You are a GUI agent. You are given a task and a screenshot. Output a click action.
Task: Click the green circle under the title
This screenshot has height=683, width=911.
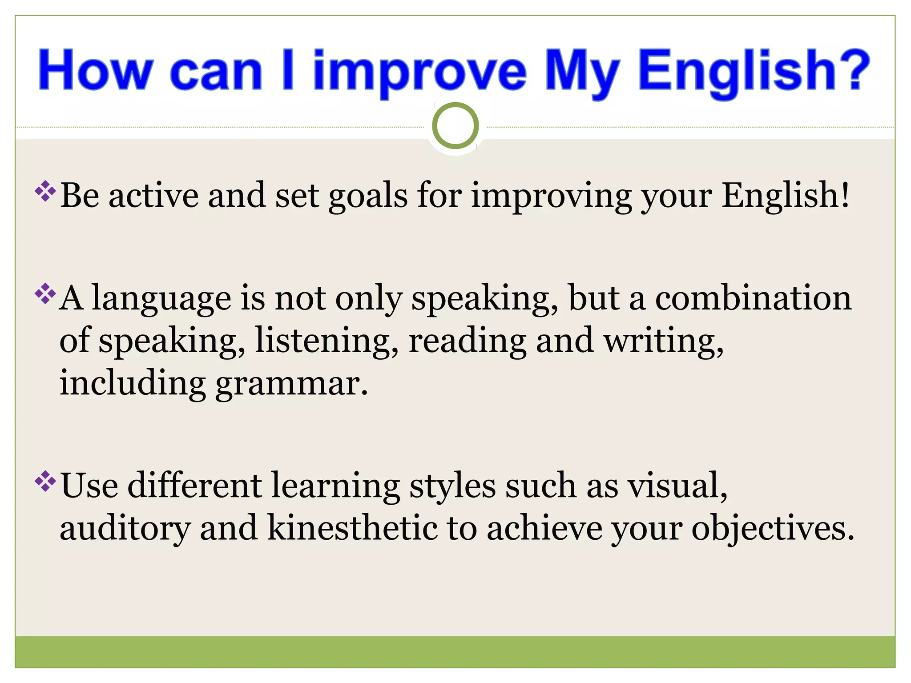pyautogui.click(x=455, y=126)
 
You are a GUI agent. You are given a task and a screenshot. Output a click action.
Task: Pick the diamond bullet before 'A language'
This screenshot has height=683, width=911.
pyautogui.click(x=45, y=293)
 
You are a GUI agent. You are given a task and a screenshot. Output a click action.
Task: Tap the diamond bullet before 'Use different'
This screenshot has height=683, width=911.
pyautogui.click(x=45, y=481)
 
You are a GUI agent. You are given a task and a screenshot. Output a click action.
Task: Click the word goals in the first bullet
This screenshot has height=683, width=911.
pyautogui.click(x=368, y=197)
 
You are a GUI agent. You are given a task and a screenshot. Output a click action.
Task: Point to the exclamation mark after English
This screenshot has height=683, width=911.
pyautogui.click(x=844, y=195)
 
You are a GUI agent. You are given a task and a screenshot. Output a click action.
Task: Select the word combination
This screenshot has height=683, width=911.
pyautogui.click(x=753, y=298)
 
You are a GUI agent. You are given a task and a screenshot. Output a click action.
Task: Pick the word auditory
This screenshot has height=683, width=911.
pyautogui.click(x=125, y=529)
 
